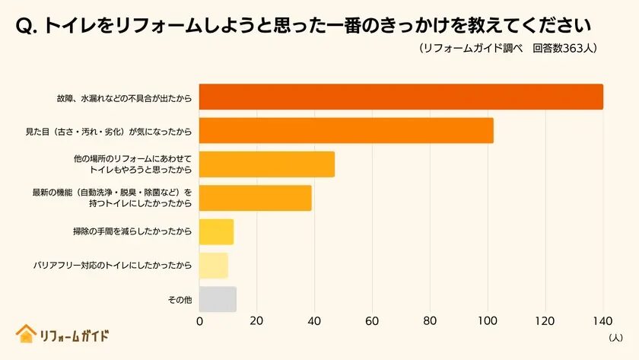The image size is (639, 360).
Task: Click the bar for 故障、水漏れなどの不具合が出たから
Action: point(401,97)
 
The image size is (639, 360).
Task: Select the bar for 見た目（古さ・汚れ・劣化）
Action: point(346,131)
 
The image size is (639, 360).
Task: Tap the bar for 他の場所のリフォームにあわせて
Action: point(267,164)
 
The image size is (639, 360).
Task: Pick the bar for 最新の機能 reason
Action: point(256,198)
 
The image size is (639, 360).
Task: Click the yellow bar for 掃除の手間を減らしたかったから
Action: point(216,231)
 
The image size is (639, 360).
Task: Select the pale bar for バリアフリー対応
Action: point(214,265)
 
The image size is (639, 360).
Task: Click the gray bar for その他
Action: point(218,299)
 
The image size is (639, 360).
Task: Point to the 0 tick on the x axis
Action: point(199,321)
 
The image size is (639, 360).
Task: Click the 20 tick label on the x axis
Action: point(256,321)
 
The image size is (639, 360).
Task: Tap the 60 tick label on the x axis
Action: point(372,321)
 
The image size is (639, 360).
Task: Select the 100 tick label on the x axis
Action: point(488,321)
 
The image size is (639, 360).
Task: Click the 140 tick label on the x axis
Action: point(602,321)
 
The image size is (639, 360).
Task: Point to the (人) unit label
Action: point(615,336)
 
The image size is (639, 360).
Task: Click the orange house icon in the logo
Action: point(26,334)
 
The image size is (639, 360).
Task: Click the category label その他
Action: point(180,300)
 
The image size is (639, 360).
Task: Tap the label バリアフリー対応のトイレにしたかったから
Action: point(113,266)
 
